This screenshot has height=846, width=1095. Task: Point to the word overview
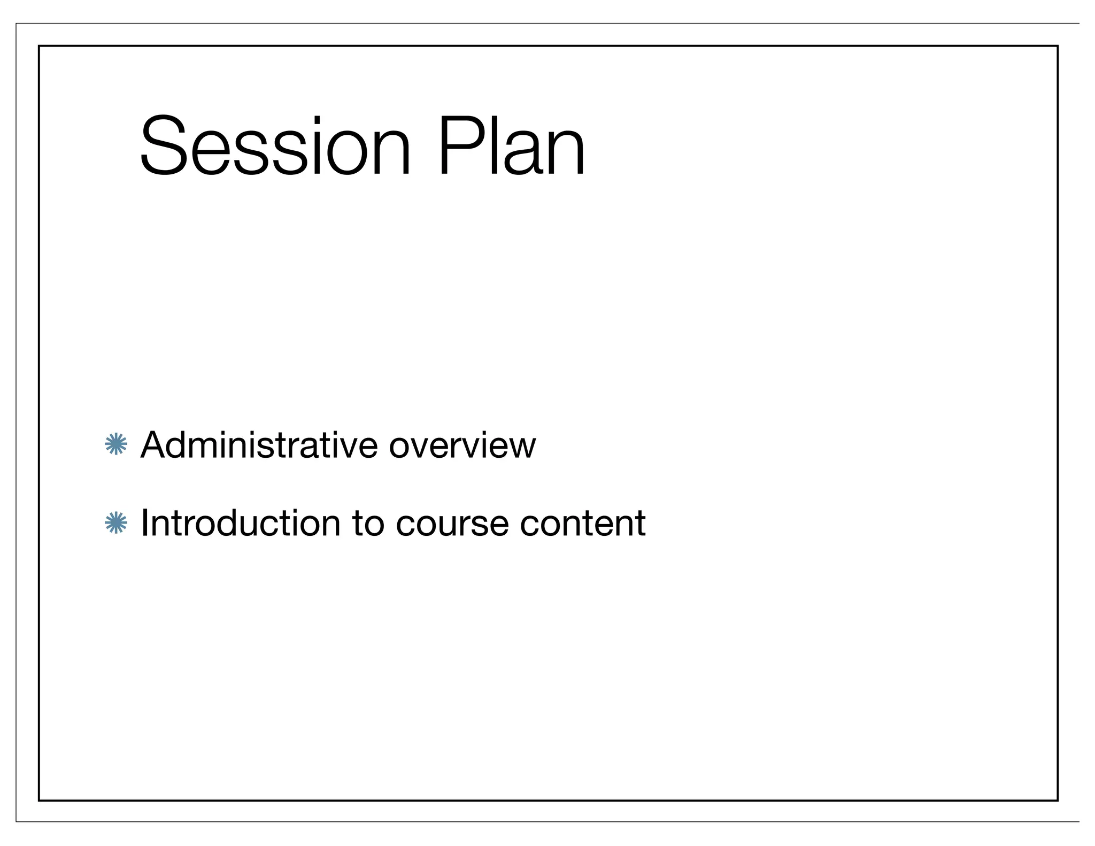pos(462,445)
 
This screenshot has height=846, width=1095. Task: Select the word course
pos(452,524)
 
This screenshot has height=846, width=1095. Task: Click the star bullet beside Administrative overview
pos(116,444)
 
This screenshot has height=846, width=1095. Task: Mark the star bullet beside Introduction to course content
pos(116,522)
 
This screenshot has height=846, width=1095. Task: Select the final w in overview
pos(525,446)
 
